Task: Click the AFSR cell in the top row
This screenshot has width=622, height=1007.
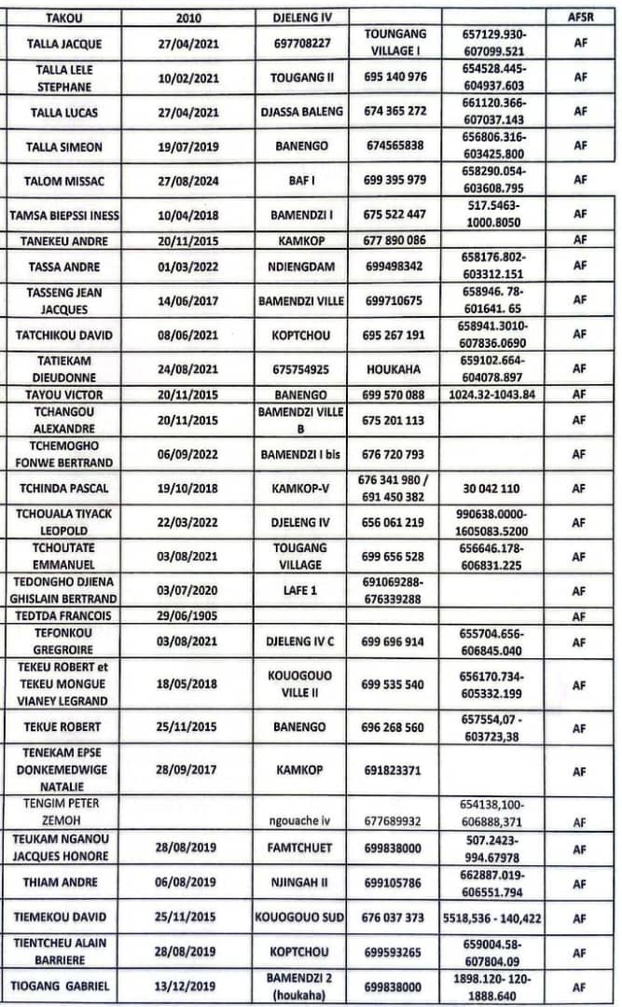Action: coord(579,18)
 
